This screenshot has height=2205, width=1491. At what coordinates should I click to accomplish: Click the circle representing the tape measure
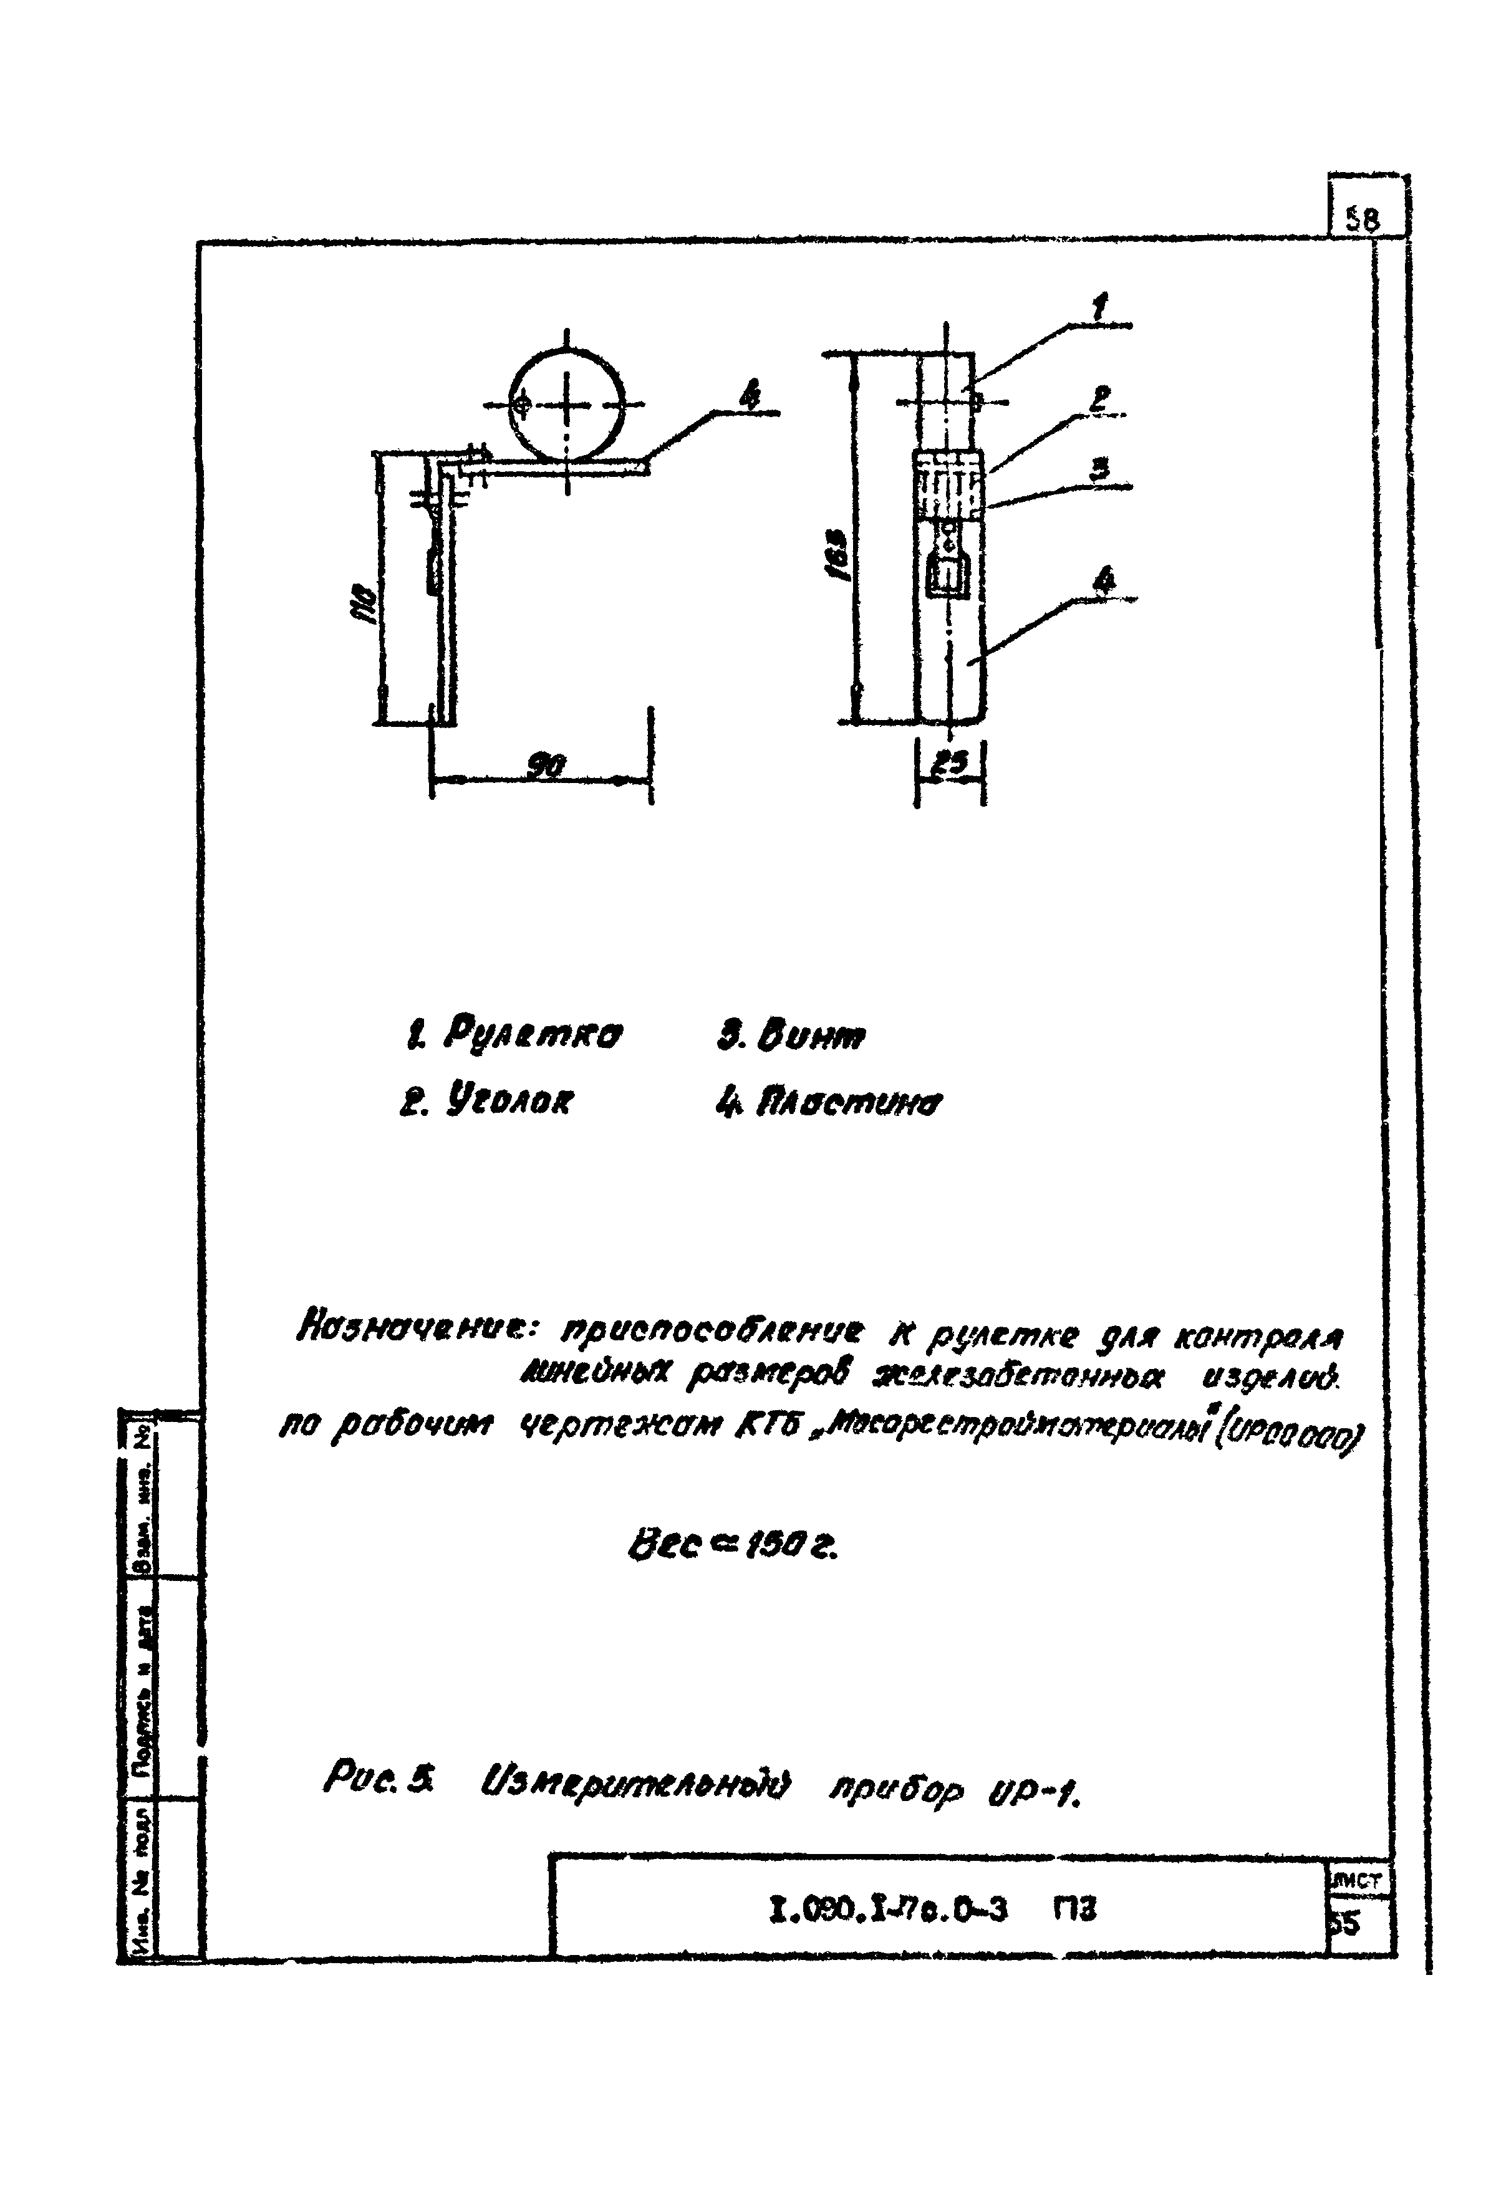tap(567, 403)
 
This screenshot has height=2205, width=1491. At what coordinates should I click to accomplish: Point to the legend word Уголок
tap(508, 1102)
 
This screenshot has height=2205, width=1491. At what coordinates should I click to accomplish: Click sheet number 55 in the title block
tap(1346, 1922)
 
